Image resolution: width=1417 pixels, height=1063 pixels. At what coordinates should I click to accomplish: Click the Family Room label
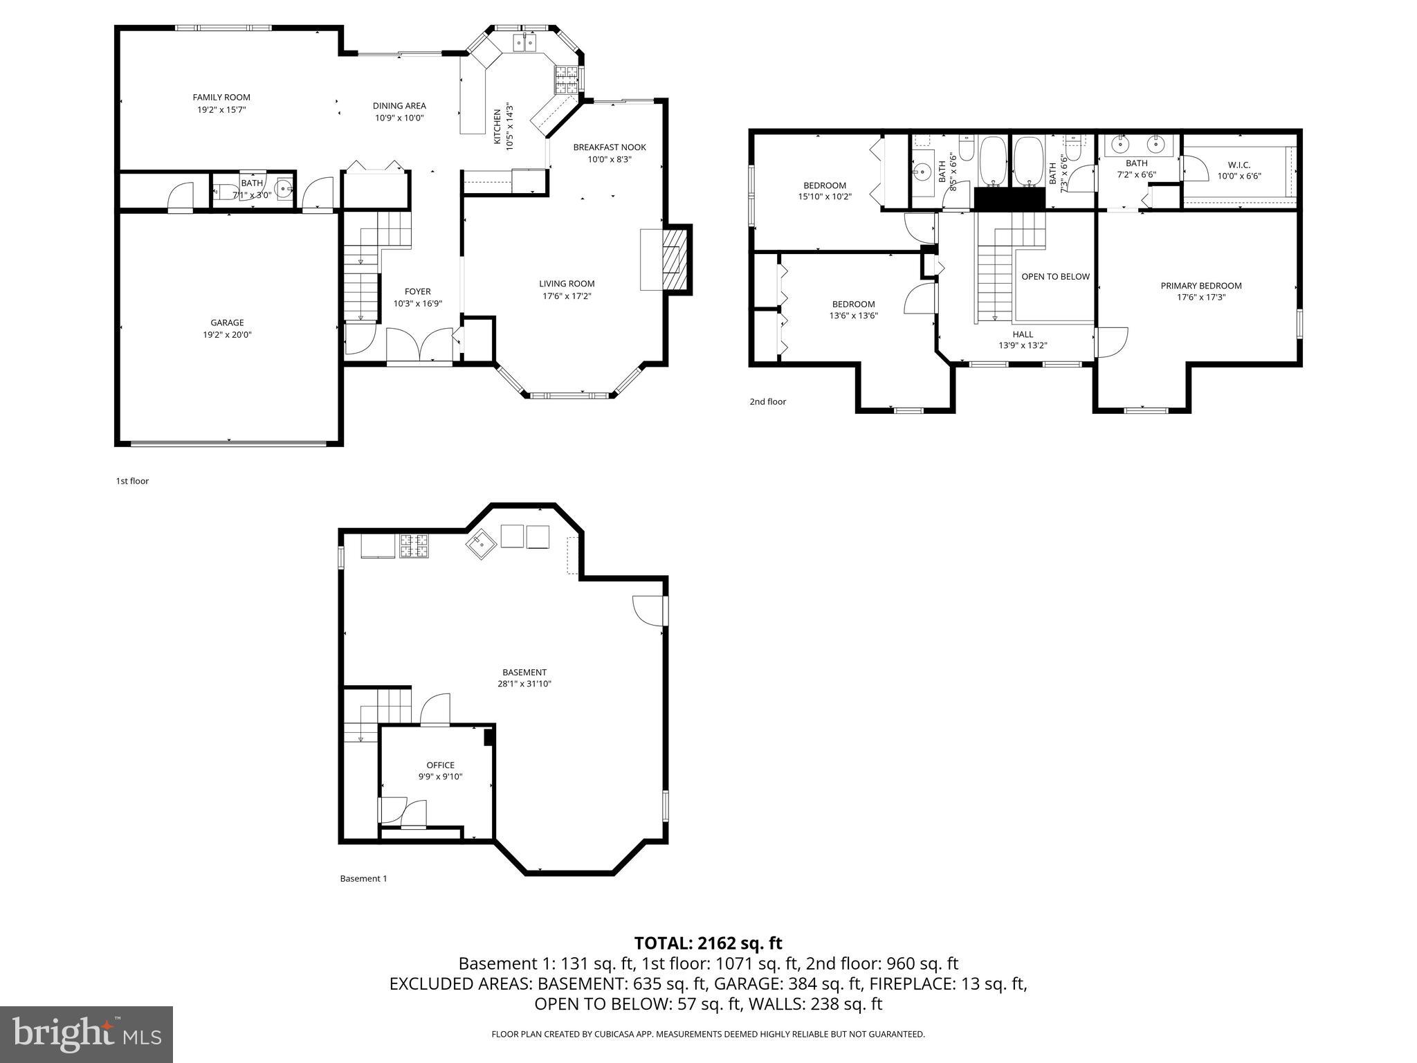tap(221, 98)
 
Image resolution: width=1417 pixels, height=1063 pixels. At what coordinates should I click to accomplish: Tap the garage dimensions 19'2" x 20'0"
tap(227, 335)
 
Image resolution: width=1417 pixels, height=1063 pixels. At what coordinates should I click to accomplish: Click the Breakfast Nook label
tap(609, 147)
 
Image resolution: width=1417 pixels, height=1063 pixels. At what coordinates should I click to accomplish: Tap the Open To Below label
tap(1055, 277)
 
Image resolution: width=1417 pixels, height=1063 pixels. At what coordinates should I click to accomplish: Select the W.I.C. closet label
tap(1238, 165)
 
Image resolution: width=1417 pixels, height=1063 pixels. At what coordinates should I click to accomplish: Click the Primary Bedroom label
tap(1200, 286)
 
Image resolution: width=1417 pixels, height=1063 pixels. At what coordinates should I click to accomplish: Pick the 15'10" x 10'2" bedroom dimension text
tap(825, 197)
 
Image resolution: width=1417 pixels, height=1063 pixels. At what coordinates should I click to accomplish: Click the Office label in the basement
tap(440, 765)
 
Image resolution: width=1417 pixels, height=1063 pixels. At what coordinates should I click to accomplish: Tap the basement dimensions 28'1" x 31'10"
tap(524, 684)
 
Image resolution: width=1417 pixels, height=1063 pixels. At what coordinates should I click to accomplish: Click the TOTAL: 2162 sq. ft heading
tap(708, 943)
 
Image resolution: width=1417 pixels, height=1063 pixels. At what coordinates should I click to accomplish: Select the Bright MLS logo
tap(86, 1034)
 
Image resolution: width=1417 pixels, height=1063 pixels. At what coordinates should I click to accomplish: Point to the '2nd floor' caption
tap(767, 402)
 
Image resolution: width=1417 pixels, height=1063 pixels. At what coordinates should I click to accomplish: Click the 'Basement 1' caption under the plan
tap(363, 879)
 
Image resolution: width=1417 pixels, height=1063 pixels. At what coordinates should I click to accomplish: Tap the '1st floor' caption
tap(132, 481)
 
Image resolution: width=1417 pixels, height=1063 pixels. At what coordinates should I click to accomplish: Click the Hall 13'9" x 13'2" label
tap(1022, 340)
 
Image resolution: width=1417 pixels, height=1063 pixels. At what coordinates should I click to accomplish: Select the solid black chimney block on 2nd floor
tap(1008, 199)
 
